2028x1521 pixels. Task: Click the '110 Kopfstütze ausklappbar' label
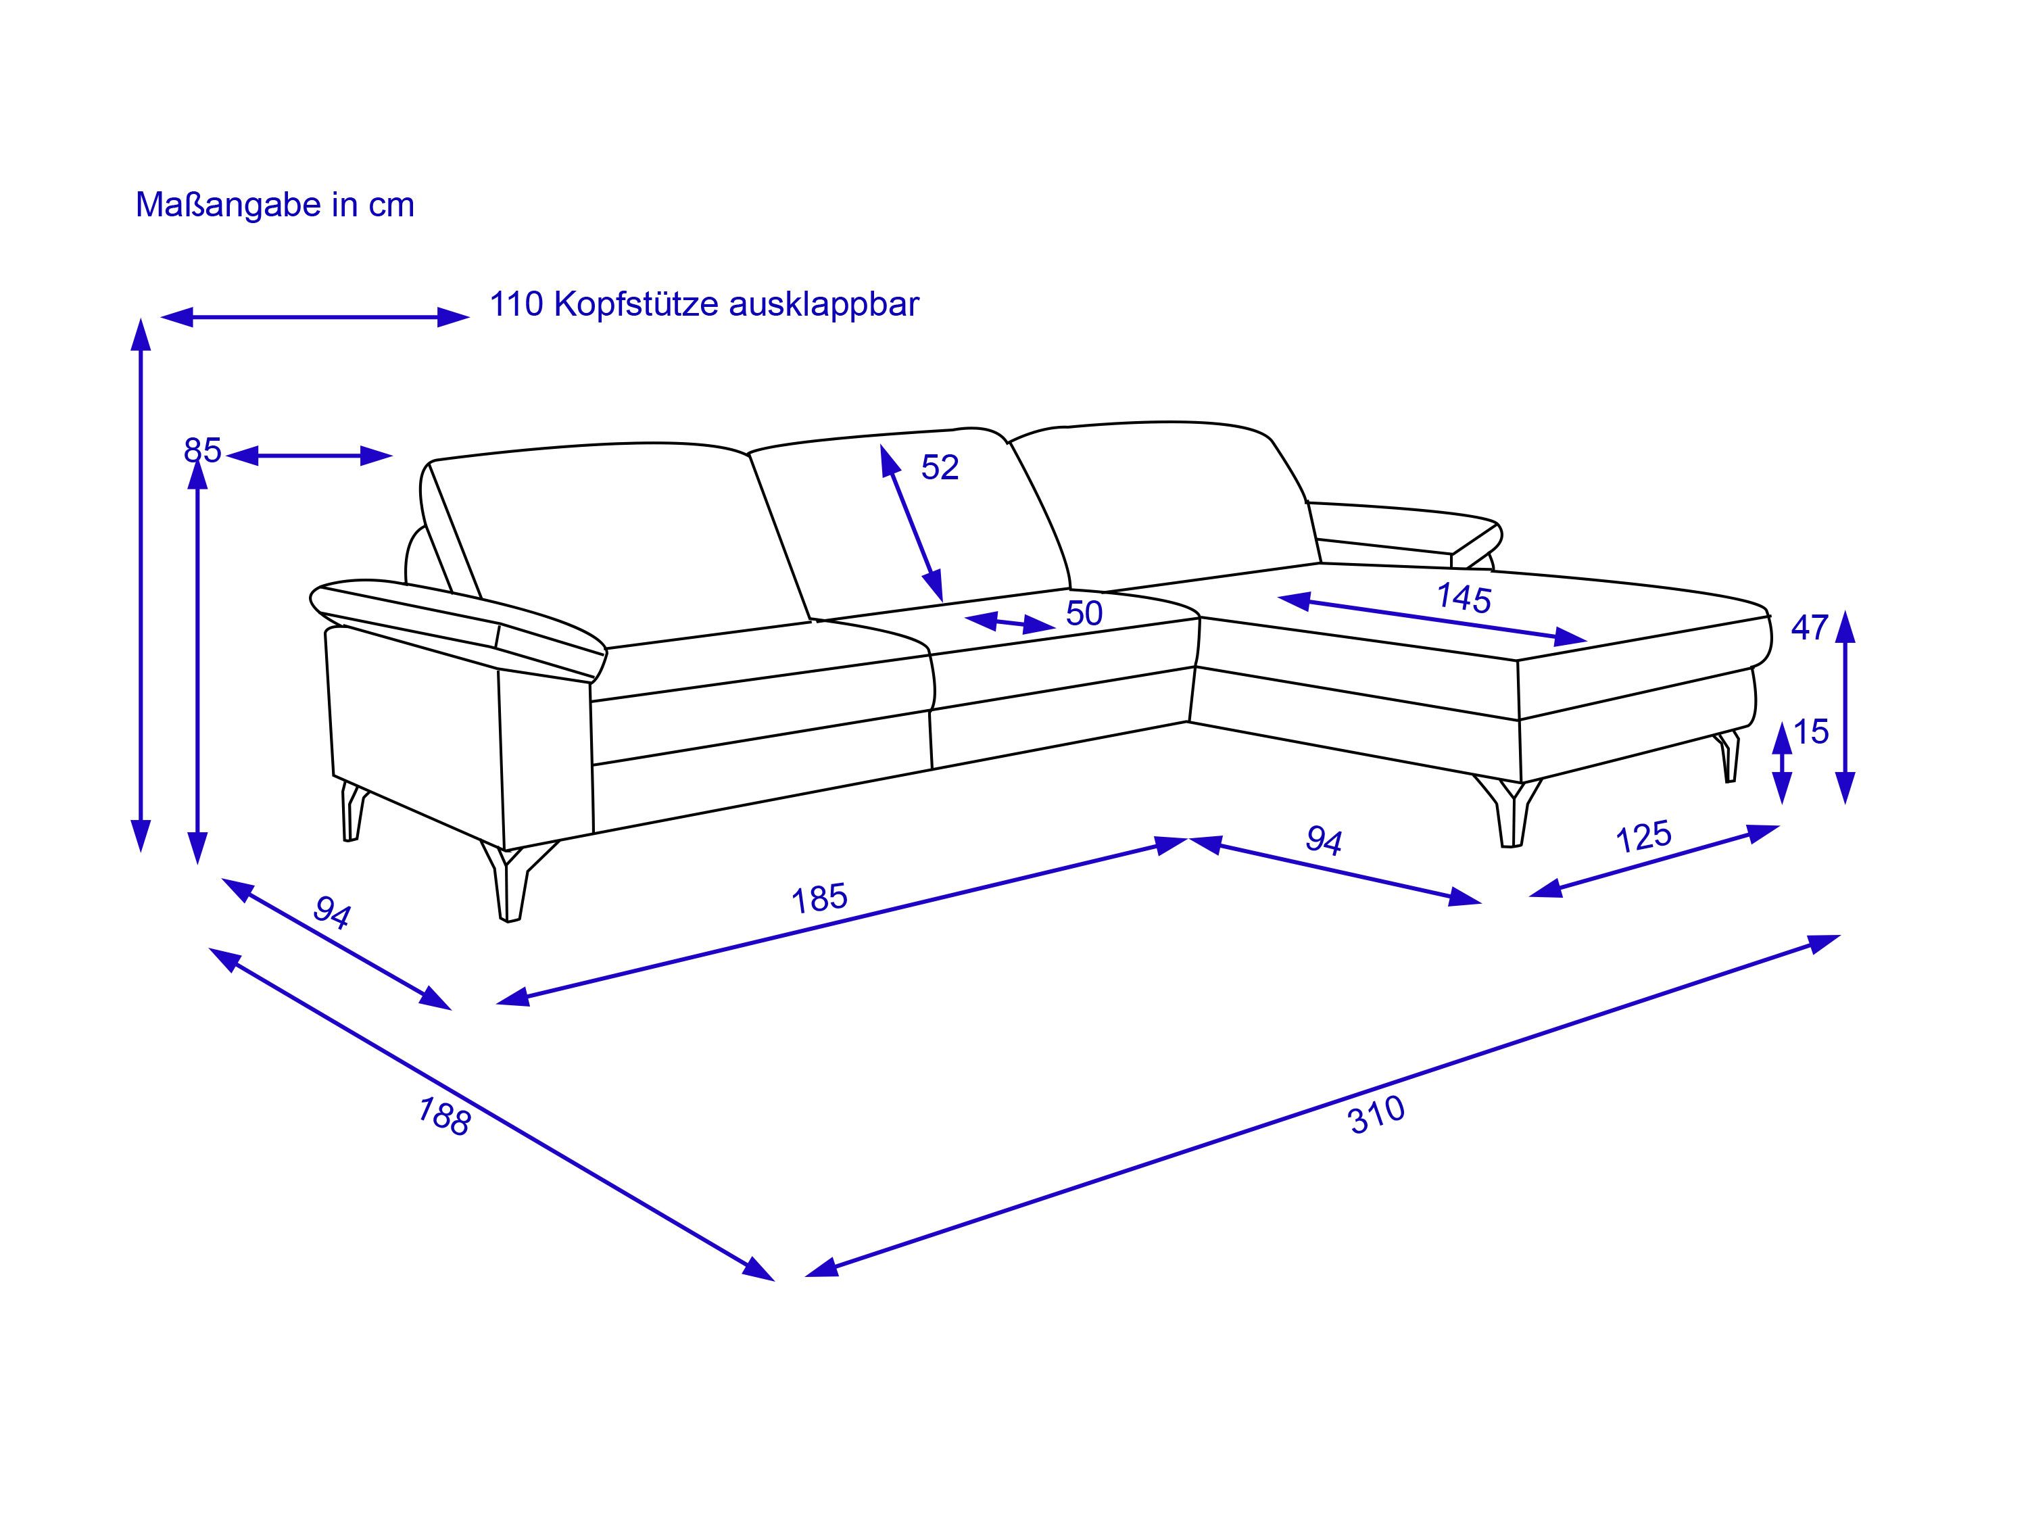click(x=704, y=304)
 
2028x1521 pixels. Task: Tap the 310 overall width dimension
click(x=1377, y=1116)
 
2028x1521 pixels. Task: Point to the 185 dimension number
click(x=819, y=898)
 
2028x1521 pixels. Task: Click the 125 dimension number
click(x=1644, y=836)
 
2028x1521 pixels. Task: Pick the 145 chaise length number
click(x=1464, y=598)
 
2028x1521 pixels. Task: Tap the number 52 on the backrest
click(x=940, y=468)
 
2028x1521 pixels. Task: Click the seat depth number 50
click(x=1084, y=613)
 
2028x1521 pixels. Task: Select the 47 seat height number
click(x=1810, y=628)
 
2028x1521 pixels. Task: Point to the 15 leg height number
click(x=1811, y=731)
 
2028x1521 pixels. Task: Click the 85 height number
click(x=203, y=450)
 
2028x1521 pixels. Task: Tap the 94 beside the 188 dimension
click(x=332, y=912)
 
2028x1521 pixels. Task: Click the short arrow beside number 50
click(x=1011, y=623)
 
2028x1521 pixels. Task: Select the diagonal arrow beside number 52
click(x=911, y=523)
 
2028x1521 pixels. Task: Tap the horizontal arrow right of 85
click(x=309, y=456)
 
